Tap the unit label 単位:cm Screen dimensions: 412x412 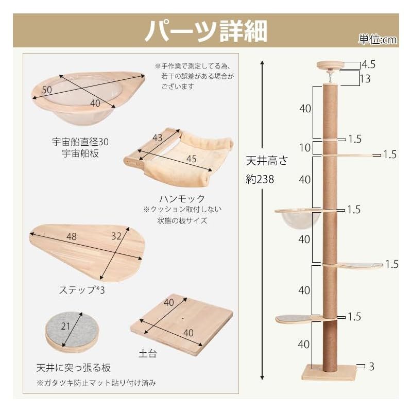pyautogui.click(x=378, y=40)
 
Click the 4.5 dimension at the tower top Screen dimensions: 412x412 pyautogui.click(x=369, y=64)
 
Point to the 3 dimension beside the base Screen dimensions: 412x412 pyautogui.click(x=371, y=366)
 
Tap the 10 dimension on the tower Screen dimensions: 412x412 pyautogui.click(x=305, y=148)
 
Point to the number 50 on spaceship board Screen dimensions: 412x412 pyautogui.click(x=46, y=90)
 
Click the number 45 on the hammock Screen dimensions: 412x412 pyautogui.click(x=191, y=158)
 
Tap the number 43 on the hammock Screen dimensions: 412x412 pyautogui.click(x=158, y=138)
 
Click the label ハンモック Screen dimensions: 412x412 pyautogui.click(x=182, y=199)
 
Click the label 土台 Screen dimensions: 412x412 pyautogui.click(x=148, y=355)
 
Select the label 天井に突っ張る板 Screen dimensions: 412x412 pyautogui.click(x=73, y=368)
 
